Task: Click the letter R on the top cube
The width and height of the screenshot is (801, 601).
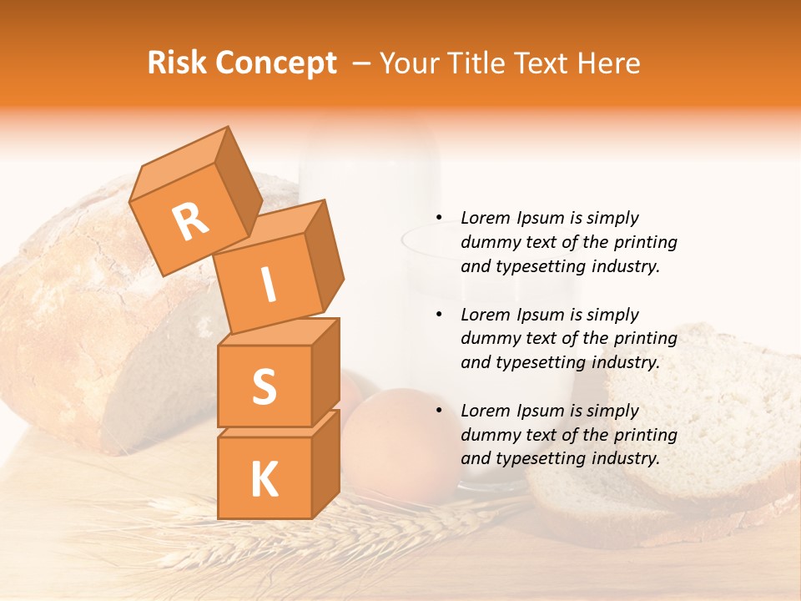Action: tap(191, 222)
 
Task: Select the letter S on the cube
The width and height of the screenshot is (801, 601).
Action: tap(264, 386)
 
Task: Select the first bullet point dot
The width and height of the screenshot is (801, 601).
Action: tap(439, 218)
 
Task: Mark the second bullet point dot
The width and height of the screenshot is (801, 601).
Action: tap(439, 315)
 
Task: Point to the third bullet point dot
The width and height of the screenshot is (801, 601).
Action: tap(439, 411)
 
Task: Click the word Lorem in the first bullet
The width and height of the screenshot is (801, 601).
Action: tap(484, 218)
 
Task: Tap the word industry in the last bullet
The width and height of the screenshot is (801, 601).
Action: tap(624, 458)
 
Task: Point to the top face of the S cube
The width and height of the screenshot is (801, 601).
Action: tap(280, 331)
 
